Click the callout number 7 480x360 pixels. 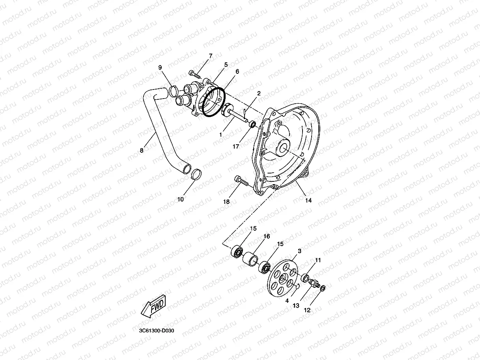click(x=211, y=56)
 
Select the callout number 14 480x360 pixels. click(x=308, y=200)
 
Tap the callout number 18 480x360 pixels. click(x=226, y=201)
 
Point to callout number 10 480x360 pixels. click(x=180, y=199)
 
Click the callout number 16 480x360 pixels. click(x=267, y=236)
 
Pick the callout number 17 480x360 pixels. click(x=236, y=146)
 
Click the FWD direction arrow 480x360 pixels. click(x=154, y=306)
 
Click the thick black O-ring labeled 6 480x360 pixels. click(x=213, y=103)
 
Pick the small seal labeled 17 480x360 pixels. click(x=251, y=125)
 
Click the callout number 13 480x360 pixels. click(x=296, y=306)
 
